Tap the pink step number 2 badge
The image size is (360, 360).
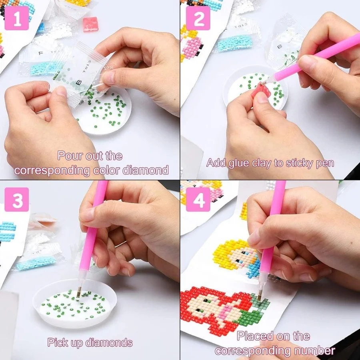(x=198, y=18)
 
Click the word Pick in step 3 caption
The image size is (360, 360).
(x=57, y=343)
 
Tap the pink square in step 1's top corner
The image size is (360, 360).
(x=91, y=24)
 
